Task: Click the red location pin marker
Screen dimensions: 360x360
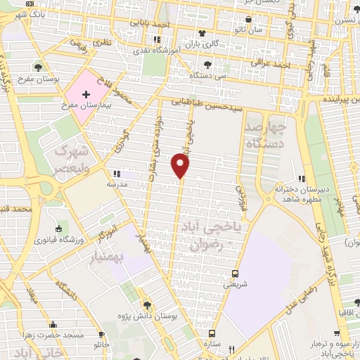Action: (181, 166)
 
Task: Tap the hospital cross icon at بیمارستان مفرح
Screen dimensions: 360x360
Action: (86, 94)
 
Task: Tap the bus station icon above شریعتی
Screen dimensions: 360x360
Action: (235, 274)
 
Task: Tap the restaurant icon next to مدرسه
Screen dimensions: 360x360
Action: (117, 173)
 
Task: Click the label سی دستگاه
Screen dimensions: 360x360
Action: (212, 74)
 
